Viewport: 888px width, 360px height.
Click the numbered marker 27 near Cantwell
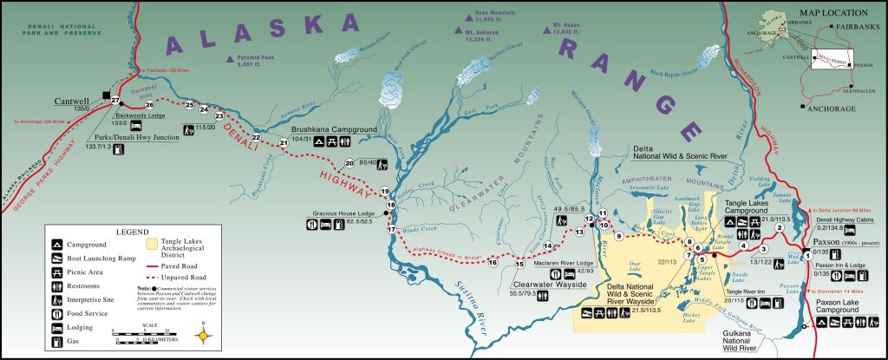(114, 101)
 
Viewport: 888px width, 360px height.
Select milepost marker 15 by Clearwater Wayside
(519, 264)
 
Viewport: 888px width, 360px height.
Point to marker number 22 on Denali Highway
(256, 137)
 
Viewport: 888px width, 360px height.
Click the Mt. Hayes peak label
(566, 26)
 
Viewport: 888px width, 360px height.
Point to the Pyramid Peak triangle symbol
(230, 60)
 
